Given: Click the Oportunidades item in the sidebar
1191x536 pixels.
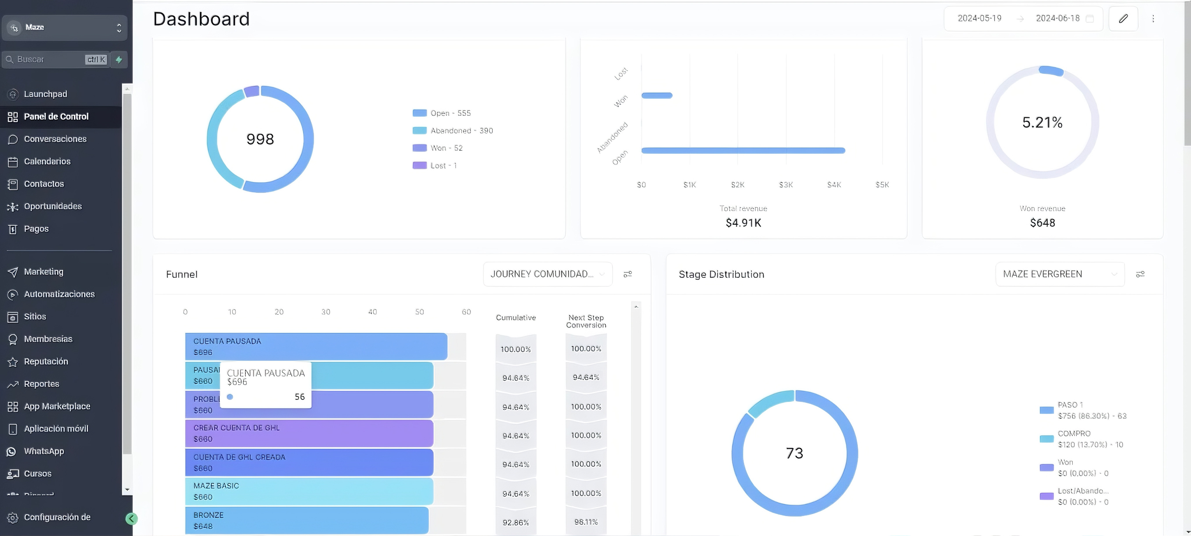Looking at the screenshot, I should coord(52,206).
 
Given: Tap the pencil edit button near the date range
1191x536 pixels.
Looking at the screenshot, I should coord(1123,19).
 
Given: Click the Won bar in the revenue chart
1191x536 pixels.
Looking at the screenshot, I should coord(657,96).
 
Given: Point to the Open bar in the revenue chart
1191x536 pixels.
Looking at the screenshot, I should coord(743,150).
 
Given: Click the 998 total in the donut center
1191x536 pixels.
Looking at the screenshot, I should coord(260,139).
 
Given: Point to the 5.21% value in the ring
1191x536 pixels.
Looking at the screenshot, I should coord(1042,122).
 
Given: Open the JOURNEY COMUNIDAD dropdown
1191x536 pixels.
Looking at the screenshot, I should coord(548,274).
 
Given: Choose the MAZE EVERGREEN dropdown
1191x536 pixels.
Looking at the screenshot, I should coord(1059,274).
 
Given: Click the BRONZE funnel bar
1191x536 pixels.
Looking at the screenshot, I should coord(306,520).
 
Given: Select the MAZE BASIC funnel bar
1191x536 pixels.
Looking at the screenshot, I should coord(309,491).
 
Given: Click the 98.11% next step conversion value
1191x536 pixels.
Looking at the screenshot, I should coord(586,522).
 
